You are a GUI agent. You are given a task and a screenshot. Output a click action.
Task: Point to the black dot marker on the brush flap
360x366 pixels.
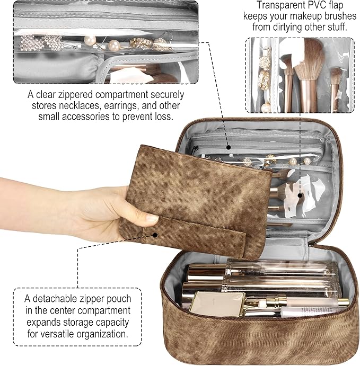300,195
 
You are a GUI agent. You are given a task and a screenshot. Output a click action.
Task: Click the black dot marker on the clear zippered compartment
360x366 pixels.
228,147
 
